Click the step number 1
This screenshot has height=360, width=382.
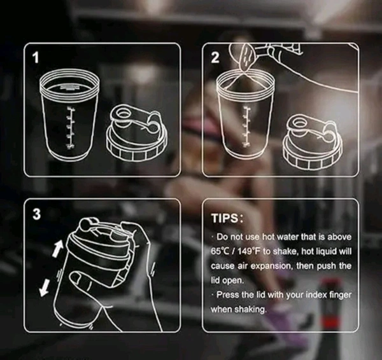[36, 58]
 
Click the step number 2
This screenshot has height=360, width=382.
[215, 58]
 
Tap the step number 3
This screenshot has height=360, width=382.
[36, 214]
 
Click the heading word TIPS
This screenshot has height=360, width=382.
[224, 218]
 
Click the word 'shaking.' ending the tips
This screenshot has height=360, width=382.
[250, 310]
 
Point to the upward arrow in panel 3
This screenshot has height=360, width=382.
[58, 248]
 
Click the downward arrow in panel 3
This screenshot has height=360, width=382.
[45, 288]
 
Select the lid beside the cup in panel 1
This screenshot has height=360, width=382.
[137, 132]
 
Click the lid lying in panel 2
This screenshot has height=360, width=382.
[313, 142]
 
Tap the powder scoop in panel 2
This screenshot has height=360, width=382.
[248, 57]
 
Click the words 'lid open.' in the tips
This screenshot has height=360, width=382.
[227, 280]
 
